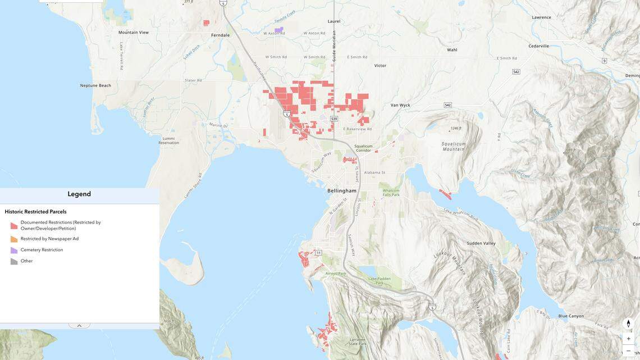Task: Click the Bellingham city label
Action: click(342, 190)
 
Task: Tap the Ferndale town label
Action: click(220, 35)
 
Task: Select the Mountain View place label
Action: click(134, 32)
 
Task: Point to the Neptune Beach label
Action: click(95, 85)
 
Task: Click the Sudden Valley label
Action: click(481, 243)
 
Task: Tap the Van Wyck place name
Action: click(400, 105)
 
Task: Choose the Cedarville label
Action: click(538, 46)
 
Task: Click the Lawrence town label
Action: click(542, 17)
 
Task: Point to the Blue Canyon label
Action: click(571, 316)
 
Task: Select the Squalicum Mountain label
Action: click(454, 146)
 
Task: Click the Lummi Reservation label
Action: click(168, 140)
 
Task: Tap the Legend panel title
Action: click(79, 194)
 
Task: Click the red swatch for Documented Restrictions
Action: click(14, 226)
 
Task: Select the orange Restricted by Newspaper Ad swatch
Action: click(14, 239)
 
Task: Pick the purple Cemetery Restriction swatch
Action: click(14, 250)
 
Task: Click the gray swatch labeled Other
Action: click(14, 261)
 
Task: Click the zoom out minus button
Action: click(629, 351)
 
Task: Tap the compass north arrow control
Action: click(629, 324)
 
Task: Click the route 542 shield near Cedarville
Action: click(516, 72)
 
